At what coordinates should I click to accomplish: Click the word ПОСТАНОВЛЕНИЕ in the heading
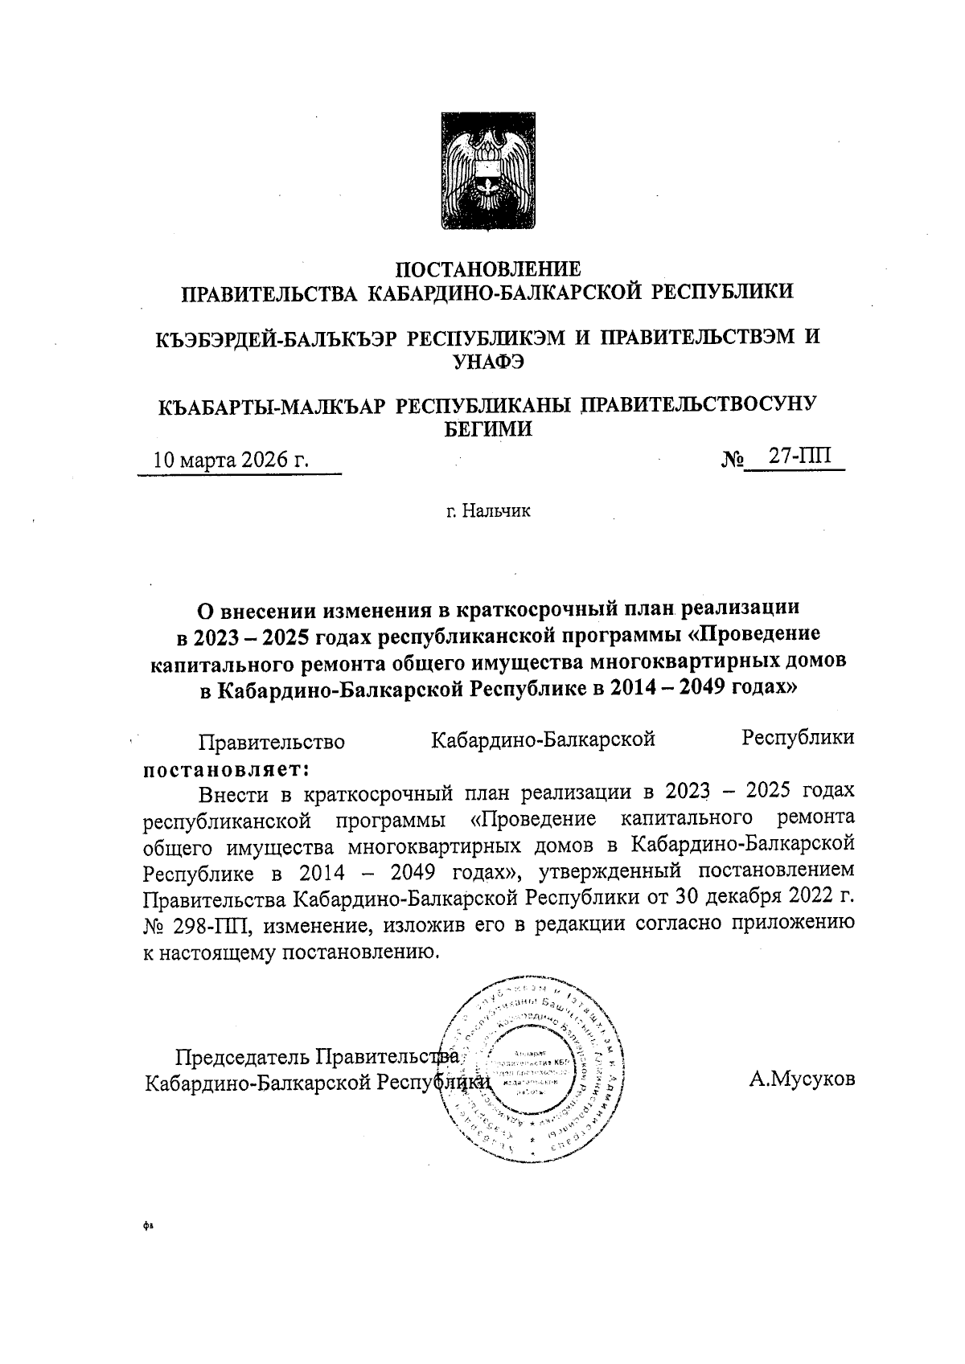pyautogui.click(x=488, y=269)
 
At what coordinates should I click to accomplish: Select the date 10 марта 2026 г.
pyautogui.click(x=232, y=460)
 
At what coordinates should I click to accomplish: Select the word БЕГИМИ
pyautogui.click(x=489, y=428)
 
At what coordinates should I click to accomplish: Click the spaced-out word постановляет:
pyautogui.click(x=226, y=769)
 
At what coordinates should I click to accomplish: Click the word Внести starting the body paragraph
pyautogui.click(x=233, y=792)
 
